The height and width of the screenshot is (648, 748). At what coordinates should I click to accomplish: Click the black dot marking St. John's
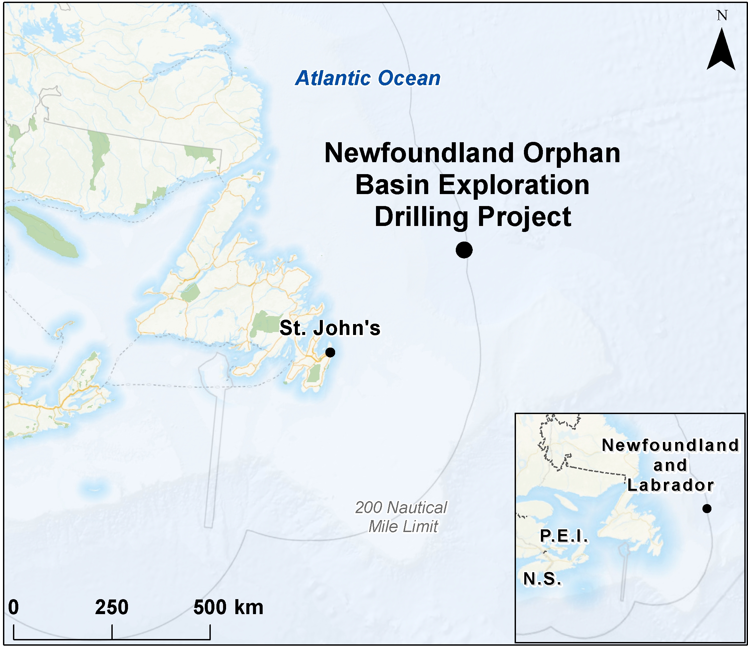click(x=330, y=352)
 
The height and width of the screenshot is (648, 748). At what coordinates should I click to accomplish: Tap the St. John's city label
click(x=330, y=328)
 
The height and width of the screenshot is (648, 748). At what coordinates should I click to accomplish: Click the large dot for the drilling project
click(x=464, y=250)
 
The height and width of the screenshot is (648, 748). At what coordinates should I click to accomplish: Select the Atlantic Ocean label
click(x=368, y=78)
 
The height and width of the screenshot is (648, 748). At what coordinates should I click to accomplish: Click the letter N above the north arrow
click(x=722, y=16)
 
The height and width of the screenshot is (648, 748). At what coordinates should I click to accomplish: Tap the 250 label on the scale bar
click(x=112, y=607)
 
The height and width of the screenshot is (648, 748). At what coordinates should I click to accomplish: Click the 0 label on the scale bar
click(x=13, y=607)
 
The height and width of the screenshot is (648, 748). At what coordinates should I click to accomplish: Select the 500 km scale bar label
click(x=228, y=607)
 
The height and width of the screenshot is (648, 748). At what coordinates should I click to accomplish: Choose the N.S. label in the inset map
click(x=543, y=579)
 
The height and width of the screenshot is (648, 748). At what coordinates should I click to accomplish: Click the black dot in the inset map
click(x=707, y=508)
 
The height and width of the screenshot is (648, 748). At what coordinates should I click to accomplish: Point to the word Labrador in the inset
click(x=671, y=485)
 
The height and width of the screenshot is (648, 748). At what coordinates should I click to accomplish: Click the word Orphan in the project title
click(x=571, y=153)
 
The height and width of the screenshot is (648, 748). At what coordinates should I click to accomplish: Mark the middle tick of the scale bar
click(x=112, y=632)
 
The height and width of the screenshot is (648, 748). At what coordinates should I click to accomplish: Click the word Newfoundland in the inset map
click(x=671, y=445)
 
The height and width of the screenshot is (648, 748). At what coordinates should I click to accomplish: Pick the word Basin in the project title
click(x=392, y=185)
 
